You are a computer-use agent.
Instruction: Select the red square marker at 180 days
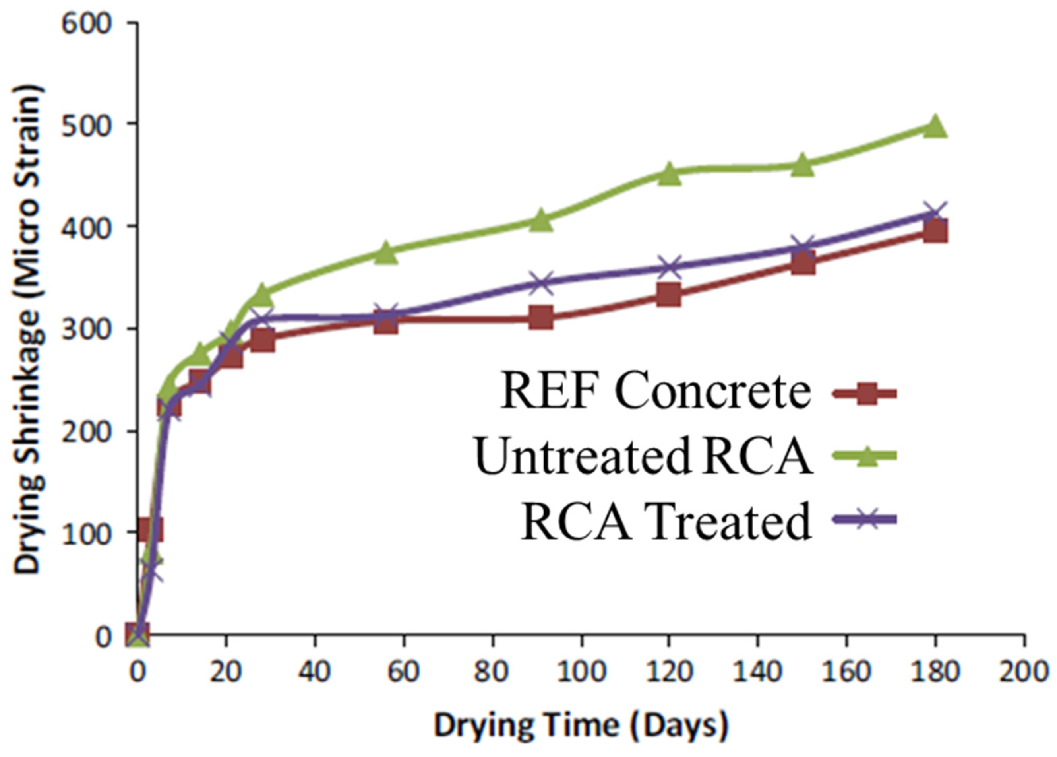[934, 232]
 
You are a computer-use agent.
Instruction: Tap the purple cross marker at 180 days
[934, 214]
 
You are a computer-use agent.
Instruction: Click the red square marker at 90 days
[540, 318]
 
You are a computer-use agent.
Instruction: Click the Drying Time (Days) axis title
[581, 725]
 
